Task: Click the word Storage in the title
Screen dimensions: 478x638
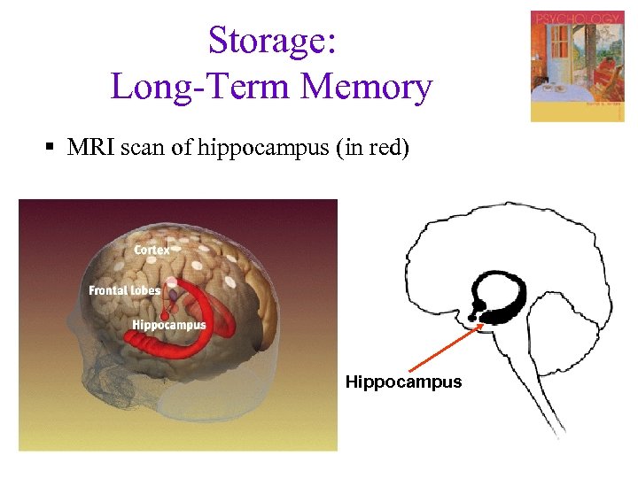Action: (266, 41)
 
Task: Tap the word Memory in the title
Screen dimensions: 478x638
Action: (366, 88)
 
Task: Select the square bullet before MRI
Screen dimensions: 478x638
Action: (54, 147)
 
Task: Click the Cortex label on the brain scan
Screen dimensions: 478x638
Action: (152, 251)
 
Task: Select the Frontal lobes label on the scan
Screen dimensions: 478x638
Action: (125, 290)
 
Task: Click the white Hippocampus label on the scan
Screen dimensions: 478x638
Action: (168, 325)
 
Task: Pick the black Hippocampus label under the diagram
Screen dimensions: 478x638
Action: (403, 382)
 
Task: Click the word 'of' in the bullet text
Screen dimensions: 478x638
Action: (182, 148)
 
